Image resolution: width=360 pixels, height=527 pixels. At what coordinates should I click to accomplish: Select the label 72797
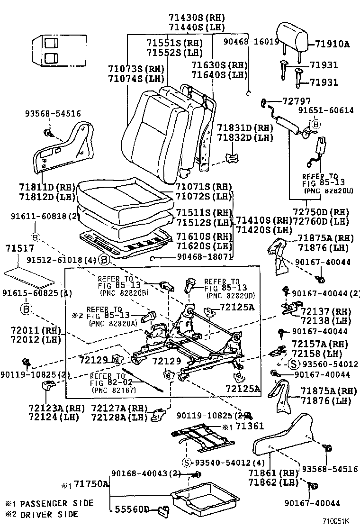(297, 101)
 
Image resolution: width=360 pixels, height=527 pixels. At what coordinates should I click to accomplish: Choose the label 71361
(250, 427)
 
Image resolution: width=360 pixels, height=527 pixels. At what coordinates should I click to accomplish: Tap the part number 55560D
(132, 509)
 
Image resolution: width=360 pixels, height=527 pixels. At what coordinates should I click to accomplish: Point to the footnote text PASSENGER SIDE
(57, 503)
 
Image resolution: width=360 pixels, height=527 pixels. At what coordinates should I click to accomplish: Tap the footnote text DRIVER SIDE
(49, 514)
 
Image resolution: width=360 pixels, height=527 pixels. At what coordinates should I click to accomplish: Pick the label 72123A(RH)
(49, 408)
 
